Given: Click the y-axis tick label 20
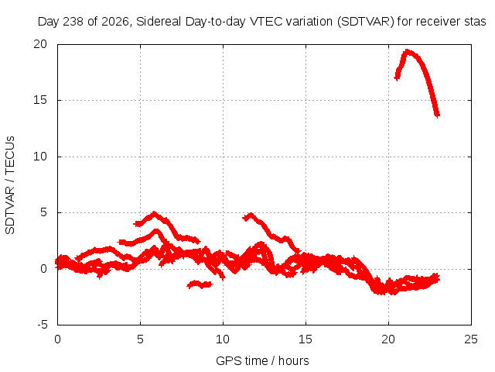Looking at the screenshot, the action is [40, 44].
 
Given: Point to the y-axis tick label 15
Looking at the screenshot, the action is [40, 100].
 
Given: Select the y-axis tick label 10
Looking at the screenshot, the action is [40, 157].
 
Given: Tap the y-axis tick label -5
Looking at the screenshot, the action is [42, 325].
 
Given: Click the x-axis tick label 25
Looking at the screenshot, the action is [471, 339].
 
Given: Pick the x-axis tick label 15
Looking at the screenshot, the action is [306, 339].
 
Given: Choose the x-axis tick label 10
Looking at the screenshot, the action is [223, 339].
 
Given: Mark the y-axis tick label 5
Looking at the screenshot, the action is [43, 212].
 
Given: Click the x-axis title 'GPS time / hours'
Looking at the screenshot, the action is [262, 361].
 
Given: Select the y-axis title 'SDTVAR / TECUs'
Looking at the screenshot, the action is [10, 185].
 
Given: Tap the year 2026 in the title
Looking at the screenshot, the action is [115, 22].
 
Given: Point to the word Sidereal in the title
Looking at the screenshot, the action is [159, 22].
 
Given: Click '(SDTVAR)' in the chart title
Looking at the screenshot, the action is [366, 22].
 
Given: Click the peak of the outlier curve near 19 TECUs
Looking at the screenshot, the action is [408, 52].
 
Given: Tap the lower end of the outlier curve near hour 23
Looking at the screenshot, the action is [437, 115].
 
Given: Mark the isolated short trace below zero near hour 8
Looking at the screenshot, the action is [200, 284].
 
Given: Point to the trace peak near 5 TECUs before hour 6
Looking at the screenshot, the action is [154, 214].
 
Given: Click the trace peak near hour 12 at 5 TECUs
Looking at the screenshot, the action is [251, 215].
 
